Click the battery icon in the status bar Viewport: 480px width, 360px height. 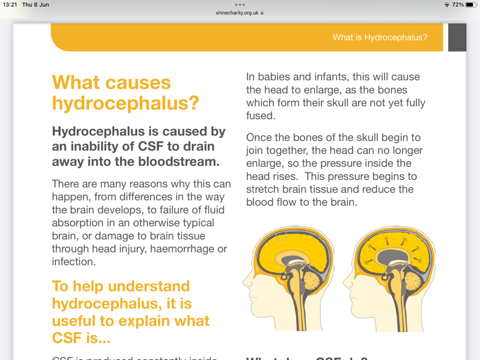470,5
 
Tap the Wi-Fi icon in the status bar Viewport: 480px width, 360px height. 447,5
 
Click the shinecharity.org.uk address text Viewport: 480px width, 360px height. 237,13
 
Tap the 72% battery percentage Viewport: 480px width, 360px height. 458,5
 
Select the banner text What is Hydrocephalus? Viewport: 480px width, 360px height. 380,37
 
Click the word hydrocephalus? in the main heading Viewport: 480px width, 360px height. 126,103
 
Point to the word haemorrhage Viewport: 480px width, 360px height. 186,249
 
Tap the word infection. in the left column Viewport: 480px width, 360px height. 74,262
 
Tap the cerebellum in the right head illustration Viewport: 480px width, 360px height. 412,280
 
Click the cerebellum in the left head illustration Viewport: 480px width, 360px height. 312,280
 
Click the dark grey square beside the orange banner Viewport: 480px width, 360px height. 457,37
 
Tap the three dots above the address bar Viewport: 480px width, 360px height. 240,5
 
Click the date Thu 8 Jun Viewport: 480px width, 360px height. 36,5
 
